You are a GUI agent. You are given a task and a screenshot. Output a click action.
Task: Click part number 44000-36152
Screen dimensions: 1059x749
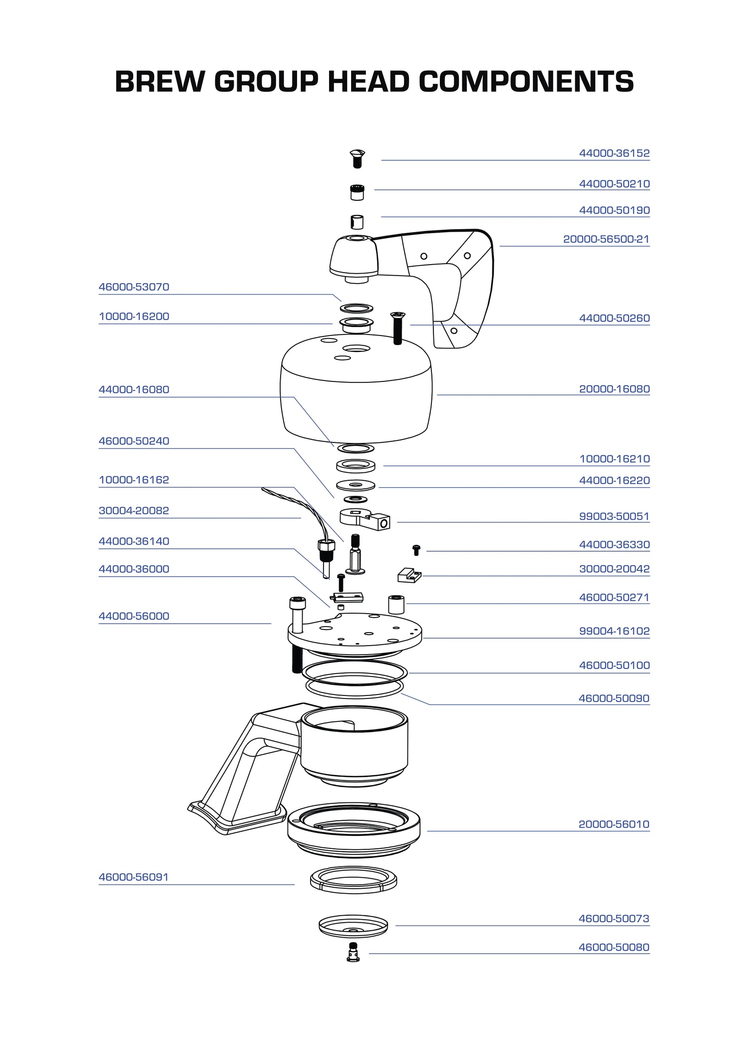coord(614,153)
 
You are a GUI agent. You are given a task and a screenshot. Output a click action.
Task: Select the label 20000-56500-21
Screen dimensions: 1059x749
coord(606,239)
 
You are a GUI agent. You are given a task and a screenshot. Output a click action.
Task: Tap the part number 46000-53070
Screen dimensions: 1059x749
coord(134,287)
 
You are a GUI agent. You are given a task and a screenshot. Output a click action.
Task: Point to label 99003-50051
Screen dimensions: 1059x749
coord(614,516)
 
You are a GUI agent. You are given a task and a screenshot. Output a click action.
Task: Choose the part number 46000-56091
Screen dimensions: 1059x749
coord(133,877)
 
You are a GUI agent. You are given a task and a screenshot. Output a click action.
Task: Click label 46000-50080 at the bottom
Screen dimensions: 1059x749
coord(614,947)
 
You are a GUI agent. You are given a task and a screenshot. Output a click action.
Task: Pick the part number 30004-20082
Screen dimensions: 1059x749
coord(134,511)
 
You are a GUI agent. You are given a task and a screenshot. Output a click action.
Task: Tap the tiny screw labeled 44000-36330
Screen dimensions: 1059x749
coord(416,550)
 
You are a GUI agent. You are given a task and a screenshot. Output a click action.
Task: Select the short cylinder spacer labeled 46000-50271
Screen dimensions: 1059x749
coord(396,604)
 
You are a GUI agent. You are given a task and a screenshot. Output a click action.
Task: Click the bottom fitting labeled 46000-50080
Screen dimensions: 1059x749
coord(353,952)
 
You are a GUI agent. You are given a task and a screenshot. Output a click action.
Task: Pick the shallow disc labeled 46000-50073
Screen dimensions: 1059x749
coord(353,926)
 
